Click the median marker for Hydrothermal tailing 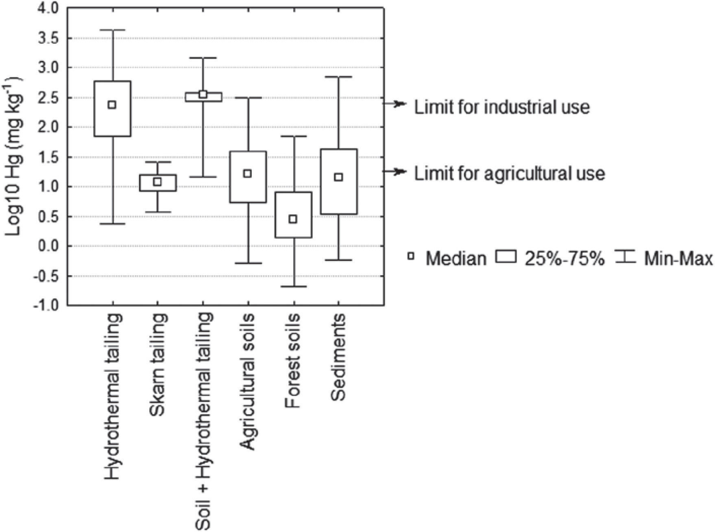pos(112,105)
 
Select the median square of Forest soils pos(293,219)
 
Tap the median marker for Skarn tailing pos(157,182)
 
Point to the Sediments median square pos(338,177)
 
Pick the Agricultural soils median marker pos(247,174)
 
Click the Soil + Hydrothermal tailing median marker pos(203,95)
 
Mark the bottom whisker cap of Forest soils pos(293,287)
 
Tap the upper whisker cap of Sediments pos(338,77)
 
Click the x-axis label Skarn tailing pos(158,364)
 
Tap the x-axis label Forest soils pos(293,360)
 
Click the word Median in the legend pos(456,259)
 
